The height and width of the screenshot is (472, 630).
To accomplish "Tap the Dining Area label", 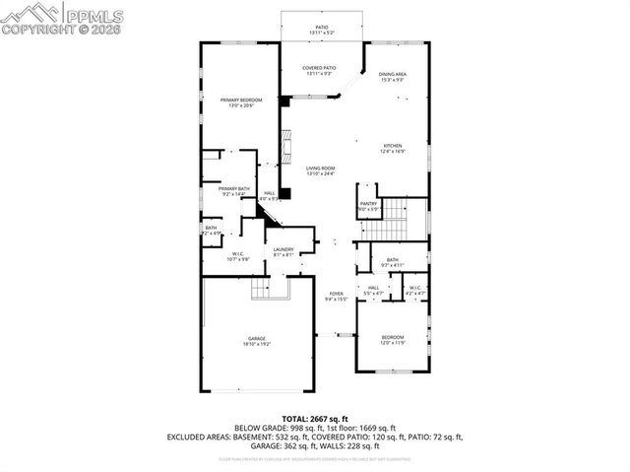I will tap(393, 74).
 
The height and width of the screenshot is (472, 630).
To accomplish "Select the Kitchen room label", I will tap(393, 146).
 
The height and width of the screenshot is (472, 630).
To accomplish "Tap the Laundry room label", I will tap(284, 249).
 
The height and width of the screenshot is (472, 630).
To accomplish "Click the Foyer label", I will tap(336, 294).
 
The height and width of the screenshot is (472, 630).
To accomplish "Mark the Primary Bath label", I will tap(234, 188).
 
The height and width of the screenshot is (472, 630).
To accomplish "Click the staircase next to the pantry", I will tap(394, 217).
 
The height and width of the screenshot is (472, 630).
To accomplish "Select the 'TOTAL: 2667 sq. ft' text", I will tap(314, 418).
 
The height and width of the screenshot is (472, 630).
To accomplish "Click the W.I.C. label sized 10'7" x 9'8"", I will tap(238, 254).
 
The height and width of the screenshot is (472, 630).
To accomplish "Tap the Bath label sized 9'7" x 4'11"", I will tap(392, 260).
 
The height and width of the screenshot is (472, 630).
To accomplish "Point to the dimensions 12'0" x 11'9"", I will tap(392, 342).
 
